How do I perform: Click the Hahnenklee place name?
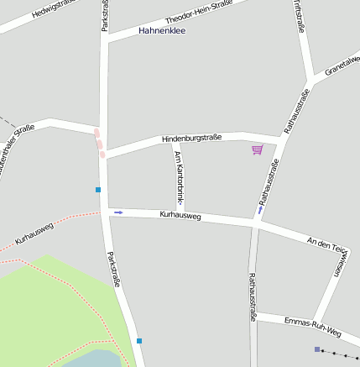tap(162, 31)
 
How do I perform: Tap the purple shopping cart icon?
tap(257, 149)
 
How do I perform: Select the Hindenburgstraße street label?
tap(190, 138)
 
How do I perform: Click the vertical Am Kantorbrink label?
tap(178, 181)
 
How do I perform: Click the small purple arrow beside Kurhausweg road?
tap(118, 212)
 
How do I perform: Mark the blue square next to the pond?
tap(139, 340)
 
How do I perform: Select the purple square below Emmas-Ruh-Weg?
tap(316, 349)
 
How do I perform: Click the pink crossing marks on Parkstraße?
tap(99, 143)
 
